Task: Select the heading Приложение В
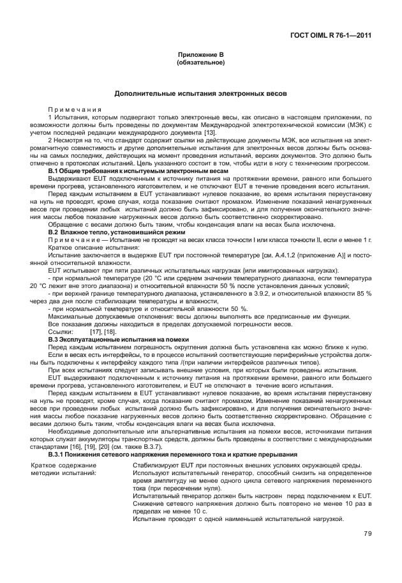coord(200,56)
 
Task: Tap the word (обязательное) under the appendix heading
coord(200,64)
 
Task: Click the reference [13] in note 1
coord(210,132)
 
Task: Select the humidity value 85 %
coord(364,294)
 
